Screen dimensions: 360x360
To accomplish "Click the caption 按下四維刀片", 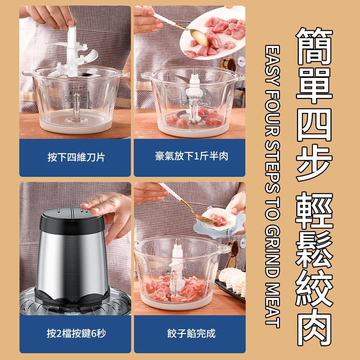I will [x=76, y=157].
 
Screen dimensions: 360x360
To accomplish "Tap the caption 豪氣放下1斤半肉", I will [x=192, y=156].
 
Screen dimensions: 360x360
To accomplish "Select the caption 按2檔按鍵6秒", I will [x=76, y=333].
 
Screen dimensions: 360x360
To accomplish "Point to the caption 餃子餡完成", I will [x=191, y=333].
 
